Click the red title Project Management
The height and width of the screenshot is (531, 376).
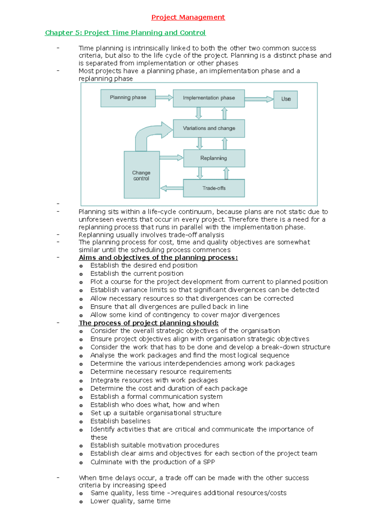(188, 17)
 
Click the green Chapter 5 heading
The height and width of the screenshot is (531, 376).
(125, 33)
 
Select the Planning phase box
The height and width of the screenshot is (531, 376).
(128, 98)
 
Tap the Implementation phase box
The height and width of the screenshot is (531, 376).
(209, 98)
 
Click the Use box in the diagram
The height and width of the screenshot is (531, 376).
(285, 99)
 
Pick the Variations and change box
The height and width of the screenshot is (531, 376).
(209, 128)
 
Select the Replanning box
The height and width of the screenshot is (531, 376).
(214, 158)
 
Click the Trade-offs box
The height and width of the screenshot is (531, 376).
(214, 188)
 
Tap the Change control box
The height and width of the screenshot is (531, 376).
(141, 175)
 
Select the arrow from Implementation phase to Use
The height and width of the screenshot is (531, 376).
(259, 99)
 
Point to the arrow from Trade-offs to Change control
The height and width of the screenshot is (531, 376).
(171, 188)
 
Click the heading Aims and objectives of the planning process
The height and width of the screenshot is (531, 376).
(158, 258)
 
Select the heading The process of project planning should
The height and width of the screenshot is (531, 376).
(149, 323)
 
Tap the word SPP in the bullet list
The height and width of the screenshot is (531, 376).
(209, 462)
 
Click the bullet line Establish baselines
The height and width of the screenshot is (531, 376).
(120, 421)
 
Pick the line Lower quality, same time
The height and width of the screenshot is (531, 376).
(130, 501)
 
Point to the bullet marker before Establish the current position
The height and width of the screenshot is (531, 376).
(81, 274)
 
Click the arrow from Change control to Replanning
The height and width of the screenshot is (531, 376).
(171, 158)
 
